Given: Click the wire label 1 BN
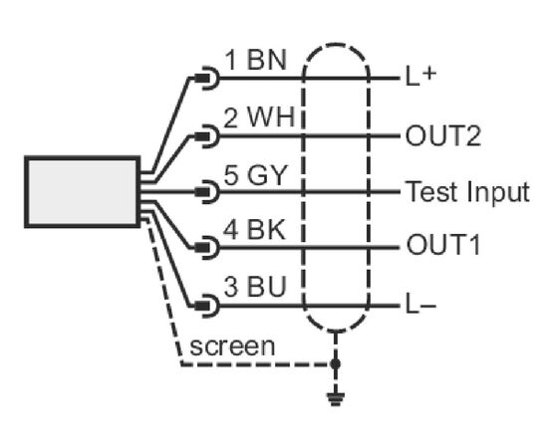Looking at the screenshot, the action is [x=255, y=60].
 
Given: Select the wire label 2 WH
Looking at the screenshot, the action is [x=259, y=116].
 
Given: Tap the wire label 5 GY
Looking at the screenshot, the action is [x=255, y=174].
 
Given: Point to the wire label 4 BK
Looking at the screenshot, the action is [x=254, y=229].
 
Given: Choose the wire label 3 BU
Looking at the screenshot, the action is [x=255, y=287].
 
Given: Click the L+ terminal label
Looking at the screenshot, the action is [x=420, y=76].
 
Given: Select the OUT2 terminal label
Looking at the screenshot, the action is [x=443, y=135].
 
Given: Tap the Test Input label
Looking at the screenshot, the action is [x=468, y=192].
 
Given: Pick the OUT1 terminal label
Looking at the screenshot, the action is [x=443, y=245].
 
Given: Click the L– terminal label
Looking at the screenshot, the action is [x=420, y=307].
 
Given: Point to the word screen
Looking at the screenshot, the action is [x=232, y=346].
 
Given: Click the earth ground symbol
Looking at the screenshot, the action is [x=336, y=399].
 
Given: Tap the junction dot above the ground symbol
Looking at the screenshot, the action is [x=336, y=363].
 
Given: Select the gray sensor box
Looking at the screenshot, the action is [x=83, y=192].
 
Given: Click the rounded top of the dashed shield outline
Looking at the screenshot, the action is [x=336, y=45].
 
